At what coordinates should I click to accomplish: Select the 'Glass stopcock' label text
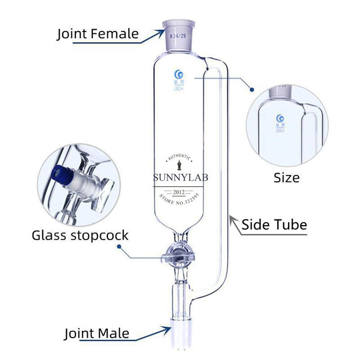(80, 235)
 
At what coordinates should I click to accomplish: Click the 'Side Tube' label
(274, 225)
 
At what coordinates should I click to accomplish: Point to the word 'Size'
(287, 178)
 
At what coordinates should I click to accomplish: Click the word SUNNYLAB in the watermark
(180, 178)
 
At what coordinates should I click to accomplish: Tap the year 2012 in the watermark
(180, 192)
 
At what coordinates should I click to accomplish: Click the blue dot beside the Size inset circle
(253, 89)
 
